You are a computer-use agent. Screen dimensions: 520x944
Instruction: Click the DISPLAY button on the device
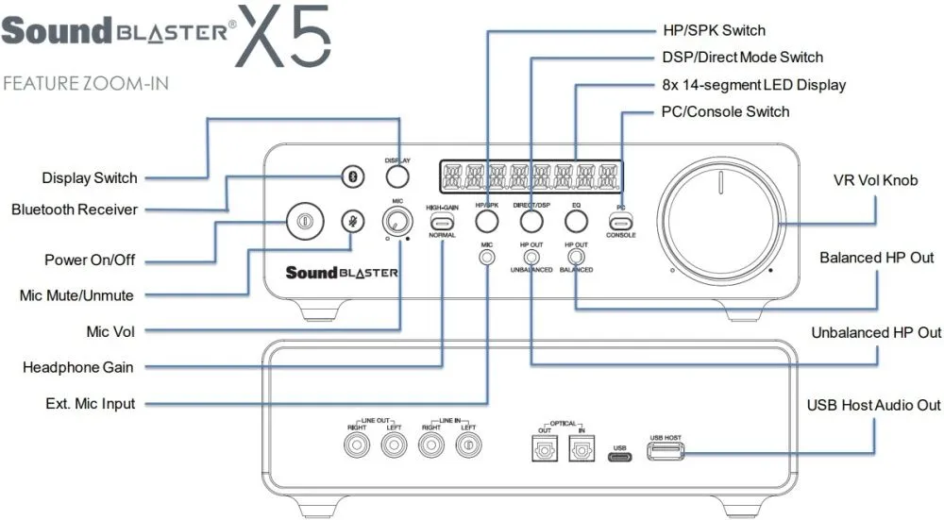point(397,176)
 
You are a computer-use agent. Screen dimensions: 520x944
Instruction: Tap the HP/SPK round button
point(487,222)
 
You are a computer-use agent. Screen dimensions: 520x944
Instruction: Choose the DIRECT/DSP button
point(531,222)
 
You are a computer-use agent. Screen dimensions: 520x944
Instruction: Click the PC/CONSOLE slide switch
point(620,221)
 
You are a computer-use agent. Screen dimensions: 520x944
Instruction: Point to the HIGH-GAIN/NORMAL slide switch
point(442,222)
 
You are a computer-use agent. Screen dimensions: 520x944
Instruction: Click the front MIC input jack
point(487,256)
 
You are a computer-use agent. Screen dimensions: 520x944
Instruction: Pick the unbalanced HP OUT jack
point(531,256)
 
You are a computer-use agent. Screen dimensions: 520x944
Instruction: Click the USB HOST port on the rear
point(665,453)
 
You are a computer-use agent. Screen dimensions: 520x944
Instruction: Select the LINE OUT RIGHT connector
point(356,446)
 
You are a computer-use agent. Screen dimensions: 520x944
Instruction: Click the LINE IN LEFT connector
point(467,446)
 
